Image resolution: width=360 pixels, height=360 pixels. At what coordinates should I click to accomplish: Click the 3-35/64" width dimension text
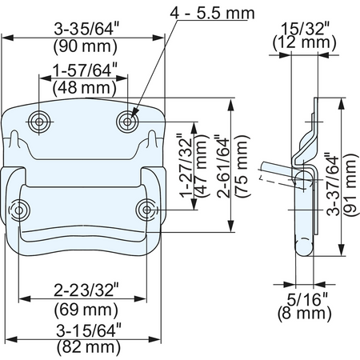click(86, 29)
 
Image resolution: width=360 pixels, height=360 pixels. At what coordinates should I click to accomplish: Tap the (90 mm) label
click(86, 46)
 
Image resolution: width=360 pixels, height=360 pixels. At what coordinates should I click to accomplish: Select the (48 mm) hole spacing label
click(85, 88)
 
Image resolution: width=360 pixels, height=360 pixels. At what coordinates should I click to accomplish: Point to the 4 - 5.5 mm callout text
click(212, 14)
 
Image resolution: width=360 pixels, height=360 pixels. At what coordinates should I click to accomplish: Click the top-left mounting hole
click(39, 122)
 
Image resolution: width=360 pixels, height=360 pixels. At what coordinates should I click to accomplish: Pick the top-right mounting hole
click(128, 122)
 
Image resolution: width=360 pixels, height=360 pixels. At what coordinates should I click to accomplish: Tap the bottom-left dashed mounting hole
click(19, 210)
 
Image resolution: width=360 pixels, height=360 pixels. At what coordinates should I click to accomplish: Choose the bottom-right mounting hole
click(146, 210)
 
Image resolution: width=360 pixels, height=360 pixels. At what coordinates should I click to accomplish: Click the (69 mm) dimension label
click(86, 310)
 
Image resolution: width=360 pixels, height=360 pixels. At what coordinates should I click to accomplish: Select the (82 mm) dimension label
click(89, 347)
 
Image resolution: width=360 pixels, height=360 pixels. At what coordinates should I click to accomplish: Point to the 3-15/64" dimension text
click(89, 330)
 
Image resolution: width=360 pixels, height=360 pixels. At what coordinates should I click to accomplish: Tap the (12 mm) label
click(304, 42)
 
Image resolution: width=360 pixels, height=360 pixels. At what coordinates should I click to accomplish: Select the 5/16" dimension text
click(307, 299)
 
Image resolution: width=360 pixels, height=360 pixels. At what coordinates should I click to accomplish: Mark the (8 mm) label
click(304, 313)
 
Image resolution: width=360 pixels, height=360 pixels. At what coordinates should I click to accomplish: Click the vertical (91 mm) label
click(350, 185)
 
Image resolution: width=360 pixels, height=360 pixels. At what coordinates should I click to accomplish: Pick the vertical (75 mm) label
click(242, 166)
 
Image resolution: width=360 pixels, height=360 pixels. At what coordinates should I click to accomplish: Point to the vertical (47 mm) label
click(201, 166)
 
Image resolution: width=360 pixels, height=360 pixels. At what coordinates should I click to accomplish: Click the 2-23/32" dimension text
click(86, 290)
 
